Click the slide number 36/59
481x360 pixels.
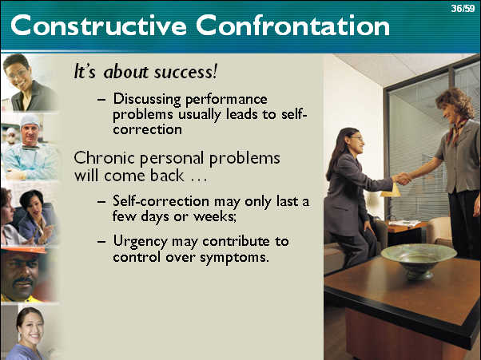click(x=463, y=8)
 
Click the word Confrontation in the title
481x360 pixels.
click(x=293, y=25)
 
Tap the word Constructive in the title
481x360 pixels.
click(x=98, y=25)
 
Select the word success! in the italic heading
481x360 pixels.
click(x=185, y=72)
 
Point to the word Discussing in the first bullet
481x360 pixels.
click(x=147, y=100)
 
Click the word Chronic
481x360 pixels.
click(x=104, y=158)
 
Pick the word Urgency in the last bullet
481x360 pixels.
click(x=140, y=242)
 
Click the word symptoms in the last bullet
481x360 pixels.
click(x=234, y=257)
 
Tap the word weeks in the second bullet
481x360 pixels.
click(x=215, y=216)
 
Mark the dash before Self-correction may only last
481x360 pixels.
click(x=101, y=201)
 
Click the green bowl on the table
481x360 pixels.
click(x=419, y=261)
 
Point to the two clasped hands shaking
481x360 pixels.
click(x=402, y=179)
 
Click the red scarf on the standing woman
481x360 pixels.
click(x=456, y=131)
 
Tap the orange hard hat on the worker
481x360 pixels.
click(x=24, y=250)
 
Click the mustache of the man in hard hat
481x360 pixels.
click(x=22, y=281)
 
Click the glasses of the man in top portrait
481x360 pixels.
click(x=18, y=74)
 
